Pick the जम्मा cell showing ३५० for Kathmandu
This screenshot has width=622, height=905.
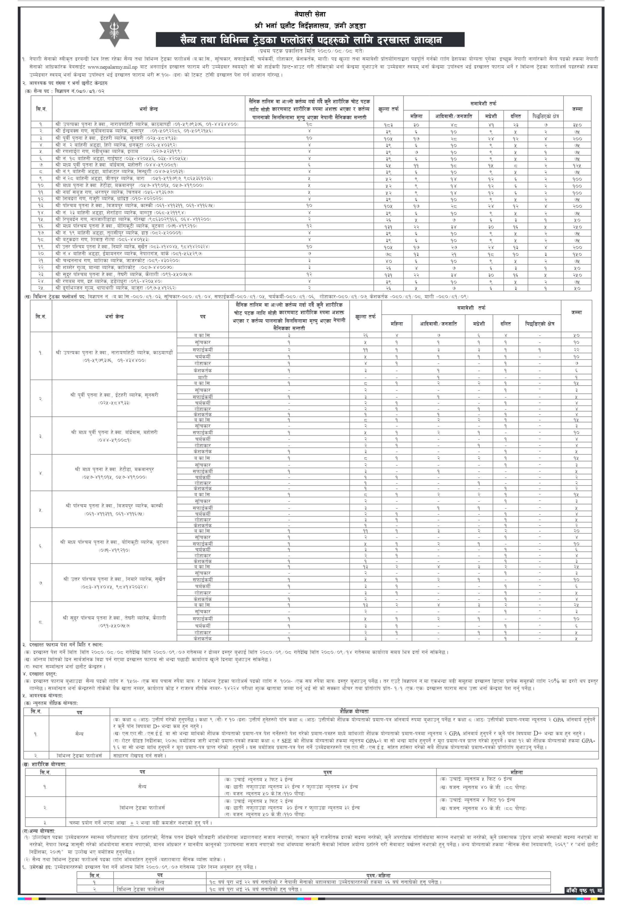(577, 125)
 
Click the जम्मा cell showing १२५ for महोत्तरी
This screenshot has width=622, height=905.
(577, 165)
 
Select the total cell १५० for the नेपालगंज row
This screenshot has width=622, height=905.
(577, 254)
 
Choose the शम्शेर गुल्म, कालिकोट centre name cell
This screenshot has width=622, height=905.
(96, 268)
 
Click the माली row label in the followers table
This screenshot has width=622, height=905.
(203, 377)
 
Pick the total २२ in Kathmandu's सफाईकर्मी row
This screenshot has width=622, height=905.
(576, 350)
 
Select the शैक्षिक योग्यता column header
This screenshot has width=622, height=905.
(354, 711)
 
